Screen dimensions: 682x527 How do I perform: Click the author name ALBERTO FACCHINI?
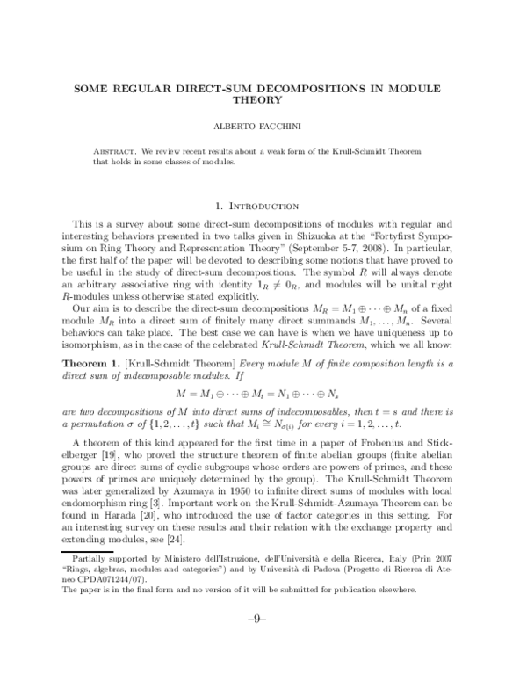point(263,125)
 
